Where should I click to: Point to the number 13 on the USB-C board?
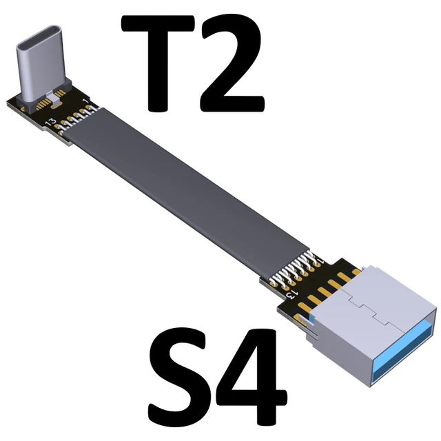click(50, 122)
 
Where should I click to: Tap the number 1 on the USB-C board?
click(84, 102)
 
